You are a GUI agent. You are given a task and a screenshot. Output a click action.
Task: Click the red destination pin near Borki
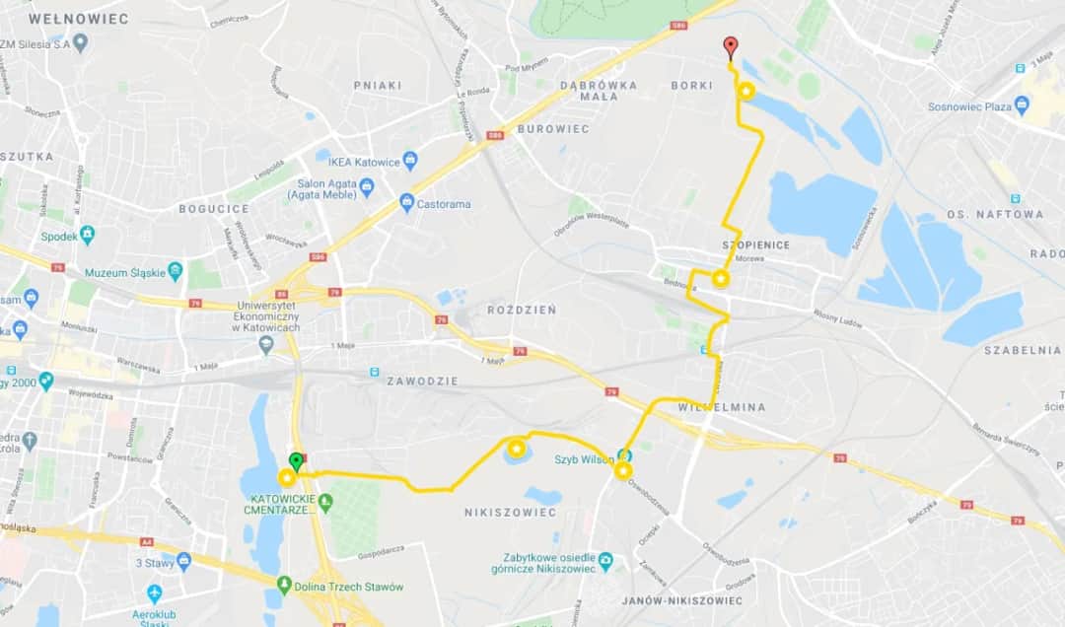pyautogui.click(x=730, y=46)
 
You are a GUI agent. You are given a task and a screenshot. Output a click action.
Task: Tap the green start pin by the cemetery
pyautogui.click(x=295, y=460)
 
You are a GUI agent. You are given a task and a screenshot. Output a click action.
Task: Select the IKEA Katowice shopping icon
pyautogui.click(x=410, y=161)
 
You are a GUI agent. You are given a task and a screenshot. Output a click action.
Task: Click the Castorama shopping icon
pyautogui.click(x=406, y=203)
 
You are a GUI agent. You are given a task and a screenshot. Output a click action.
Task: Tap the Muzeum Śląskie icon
pyautogui.click(x=176, y=271)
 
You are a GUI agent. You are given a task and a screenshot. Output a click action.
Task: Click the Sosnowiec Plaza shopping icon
pyautogui.click(x=1022, y=105)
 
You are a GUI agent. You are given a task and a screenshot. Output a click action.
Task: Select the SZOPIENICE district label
pyautogui.click(x=756, y=244)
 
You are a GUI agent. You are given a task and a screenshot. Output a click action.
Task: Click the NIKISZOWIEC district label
pyautogui.click(x=510, y=513)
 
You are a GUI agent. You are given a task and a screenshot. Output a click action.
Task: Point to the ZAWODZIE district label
pyautogui.click(x=423, y=380)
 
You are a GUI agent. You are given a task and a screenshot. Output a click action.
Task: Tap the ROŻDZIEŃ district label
pyautogui.click(x=522, y=310)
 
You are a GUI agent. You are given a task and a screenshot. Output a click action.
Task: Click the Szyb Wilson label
pyautogui.click(x=584, y=459)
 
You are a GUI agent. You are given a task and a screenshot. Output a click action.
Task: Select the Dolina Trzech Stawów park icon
pyautogui.click(x=285, y=586)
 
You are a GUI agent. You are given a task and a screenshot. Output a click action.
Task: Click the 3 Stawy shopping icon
pyautogui.click(x=183, y=562)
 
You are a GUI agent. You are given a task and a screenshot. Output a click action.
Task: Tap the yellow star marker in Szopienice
pyautogui.click(x=721, y=279)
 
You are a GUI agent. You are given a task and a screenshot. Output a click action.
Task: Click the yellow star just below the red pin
pyautogui.click(x=746, y=92)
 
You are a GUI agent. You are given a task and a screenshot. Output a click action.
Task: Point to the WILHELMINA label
pyautogui.click(x=722, y=406)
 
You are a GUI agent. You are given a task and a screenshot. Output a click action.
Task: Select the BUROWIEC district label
pyautogui.click(x=553, y=129)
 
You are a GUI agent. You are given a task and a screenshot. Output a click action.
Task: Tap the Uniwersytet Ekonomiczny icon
pyautogui.click(x=265, y=344)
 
